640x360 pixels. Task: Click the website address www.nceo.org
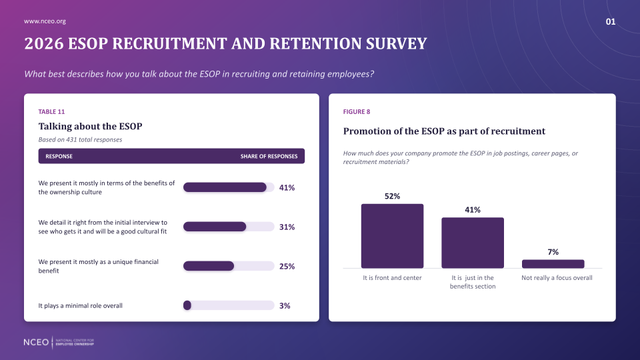[45, 21]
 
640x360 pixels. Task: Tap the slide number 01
[610, 21]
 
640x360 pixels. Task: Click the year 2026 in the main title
[44, 44]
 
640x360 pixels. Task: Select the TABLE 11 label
[51, 112]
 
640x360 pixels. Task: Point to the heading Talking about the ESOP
[90, 126]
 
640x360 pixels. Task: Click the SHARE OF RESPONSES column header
[269, 156]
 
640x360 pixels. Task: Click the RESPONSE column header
[59, 156]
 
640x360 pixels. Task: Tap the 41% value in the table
[287, 188]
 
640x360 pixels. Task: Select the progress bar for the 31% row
[215, 227]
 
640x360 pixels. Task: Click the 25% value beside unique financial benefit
[287, 267]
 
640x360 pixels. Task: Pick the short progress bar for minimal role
[187, 305]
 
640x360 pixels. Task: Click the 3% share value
[285, 306]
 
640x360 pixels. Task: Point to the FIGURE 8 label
[357, 112]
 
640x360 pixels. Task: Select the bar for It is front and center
[392, 236]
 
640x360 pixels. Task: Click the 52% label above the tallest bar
[392, 196]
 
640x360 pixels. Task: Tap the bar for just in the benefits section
[473, 243]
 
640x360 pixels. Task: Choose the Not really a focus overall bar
[553, 264]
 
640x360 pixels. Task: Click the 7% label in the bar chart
[553, 252]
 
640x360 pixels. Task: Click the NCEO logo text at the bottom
[36, 342]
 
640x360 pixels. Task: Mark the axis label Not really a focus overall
[557, 278]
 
